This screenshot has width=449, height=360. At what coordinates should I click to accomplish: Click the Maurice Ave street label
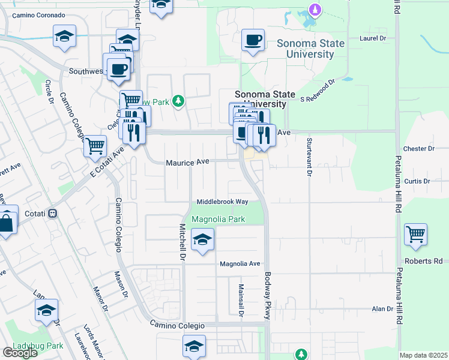pos(187,162)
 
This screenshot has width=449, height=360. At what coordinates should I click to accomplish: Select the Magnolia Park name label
pos(218,220)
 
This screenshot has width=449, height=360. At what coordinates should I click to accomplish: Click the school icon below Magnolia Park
pos(203,240)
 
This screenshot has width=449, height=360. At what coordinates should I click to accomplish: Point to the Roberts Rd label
pos(423,262)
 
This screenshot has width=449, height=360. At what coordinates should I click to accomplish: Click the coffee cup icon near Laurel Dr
pos(252,41)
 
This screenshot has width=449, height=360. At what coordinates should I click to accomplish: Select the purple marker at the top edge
pos(314,9)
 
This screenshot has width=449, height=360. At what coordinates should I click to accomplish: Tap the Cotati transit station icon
pos(53,213)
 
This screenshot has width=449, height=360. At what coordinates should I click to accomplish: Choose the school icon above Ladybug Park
pos(47,310)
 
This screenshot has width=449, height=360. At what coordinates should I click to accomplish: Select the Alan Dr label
pos(382,309)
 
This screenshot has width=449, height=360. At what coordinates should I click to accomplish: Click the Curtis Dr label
pos(417,181)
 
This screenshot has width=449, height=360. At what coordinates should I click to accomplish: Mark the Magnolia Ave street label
pos(240,263)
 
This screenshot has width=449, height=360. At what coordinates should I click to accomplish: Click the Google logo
pos(20,353)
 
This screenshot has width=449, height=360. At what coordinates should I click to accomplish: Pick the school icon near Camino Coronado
pos(64,36)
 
